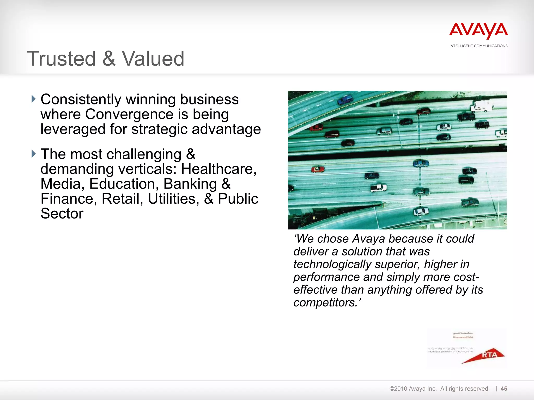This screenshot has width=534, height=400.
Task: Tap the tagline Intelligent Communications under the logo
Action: point(478,46)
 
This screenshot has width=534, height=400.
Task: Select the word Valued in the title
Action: point(153,59)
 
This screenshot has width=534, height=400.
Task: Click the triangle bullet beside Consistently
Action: point(33,99)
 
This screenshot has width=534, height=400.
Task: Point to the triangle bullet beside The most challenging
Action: point(33,154)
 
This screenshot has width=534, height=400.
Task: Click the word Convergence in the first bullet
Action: point(129,114)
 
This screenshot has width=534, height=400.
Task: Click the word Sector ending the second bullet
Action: point(62,214)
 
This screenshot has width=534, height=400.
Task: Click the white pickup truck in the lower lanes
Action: point(379,188)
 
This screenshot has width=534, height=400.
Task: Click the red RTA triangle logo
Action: point(485,355)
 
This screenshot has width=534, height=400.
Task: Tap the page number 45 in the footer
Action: point(504,389)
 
